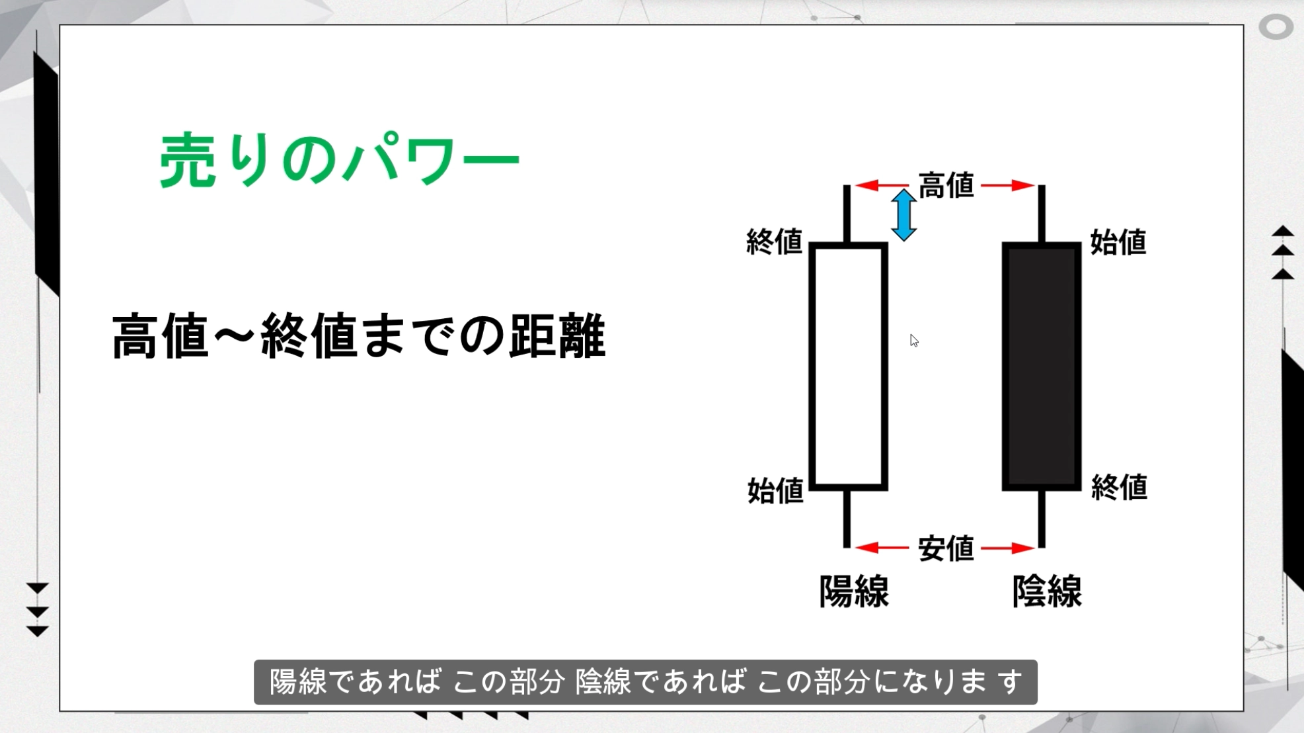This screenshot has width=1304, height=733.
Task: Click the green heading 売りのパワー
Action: click(x=339, y=159)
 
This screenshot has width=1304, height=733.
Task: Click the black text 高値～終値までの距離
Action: click(x=359, y=336)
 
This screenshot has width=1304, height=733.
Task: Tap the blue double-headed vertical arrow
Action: click(x=903, y=215)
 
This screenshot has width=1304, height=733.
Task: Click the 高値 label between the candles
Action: click(x=946, y=185)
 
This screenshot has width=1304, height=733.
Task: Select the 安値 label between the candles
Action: click(x=946, y=548)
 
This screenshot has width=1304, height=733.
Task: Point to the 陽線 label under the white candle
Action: click(x=854, y=591)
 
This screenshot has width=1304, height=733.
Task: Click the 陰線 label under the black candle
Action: click(x=1047, y=591)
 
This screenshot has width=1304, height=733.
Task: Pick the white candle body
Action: click(x=849, y=366)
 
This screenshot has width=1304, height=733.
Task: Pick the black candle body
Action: click(x=1042, y=366)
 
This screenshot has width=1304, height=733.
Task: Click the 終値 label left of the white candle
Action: click(x=774, y=241)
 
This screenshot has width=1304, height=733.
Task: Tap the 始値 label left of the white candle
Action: click(x=775, y=491)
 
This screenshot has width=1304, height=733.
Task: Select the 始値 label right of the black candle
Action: click(x=1118, y=242)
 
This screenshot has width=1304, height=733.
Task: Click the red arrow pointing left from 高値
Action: click(x=882, y=185)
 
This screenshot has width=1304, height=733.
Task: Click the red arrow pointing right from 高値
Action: click(x=1008, y=185)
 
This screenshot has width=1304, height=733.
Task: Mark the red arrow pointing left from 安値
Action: click(x=882, y=548)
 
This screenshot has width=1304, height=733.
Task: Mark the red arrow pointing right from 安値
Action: click(x=1008, y=548)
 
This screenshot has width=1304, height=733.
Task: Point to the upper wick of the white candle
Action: click(x=847, y=214)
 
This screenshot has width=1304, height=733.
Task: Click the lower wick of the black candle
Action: click(x=1042, y=519)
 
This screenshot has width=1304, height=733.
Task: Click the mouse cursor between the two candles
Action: click(x=914, y=341)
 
